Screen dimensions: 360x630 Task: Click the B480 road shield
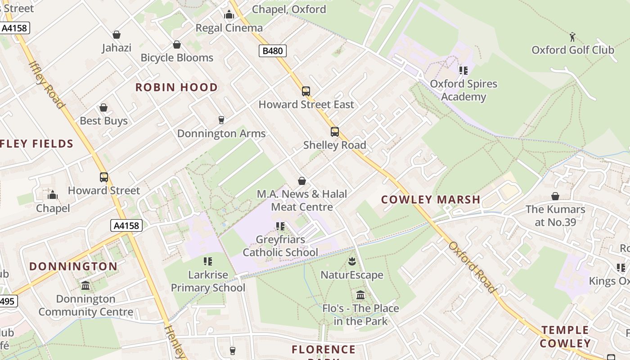point(273,51)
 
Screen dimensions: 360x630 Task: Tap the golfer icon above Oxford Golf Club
point(572,36)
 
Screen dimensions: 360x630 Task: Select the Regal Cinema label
point(229,28)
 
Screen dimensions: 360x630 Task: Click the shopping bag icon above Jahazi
point(117,35)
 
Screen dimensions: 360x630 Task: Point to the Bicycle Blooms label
point(177,58)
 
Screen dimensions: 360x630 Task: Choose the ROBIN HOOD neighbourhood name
point(176,87)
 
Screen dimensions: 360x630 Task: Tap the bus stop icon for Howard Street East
point(306,91)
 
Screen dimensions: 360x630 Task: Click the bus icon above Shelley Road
point(334,132)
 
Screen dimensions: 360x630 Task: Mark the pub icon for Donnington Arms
point(221,120)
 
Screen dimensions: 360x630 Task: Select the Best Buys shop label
point(103,121)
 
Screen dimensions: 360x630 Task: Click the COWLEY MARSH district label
point(431,199)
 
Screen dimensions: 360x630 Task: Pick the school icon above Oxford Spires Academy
point(463,71)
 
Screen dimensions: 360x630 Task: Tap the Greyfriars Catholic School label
point(280,246)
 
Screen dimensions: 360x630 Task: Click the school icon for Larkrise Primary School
point(208,261)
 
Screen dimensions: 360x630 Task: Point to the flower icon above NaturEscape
point(352,261)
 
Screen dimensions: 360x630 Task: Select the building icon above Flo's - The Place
point(360,295)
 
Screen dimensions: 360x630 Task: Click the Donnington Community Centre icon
point(85,286)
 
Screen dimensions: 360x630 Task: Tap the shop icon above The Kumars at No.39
point(555,197)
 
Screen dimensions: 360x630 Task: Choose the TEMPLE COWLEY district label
point(565,337)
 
